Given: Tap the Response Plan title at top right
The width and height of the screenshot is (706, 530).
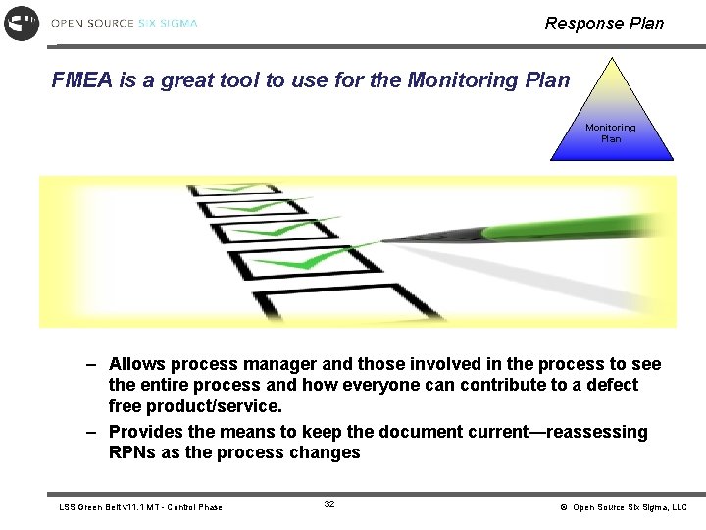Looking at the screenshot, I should click(x=604, y=24).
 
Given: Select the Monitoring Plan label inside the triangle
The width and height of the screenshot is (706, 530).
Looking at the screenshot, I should click(x=610, y=132).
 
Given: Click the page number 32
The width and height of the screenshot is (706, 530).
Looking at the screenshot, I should click(x=329, y=504).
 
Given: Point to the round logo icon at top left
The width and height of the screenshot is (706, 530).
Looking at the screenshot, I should click(x=22, y=23).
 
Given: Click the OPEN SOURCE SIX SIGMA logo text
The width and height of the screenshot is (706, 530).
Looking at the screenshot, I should click(x=124, y=23).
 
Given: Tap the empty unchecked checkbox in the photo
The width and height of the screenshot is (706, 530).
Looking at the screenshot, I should click(x=338, y=302).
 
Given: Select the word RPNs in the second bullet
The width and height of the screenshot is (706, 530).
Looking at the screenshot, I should click(x=131, y=452).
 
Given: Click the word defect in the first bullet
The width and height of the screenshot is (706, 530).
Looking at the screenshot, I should click(x=610, y=385).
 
